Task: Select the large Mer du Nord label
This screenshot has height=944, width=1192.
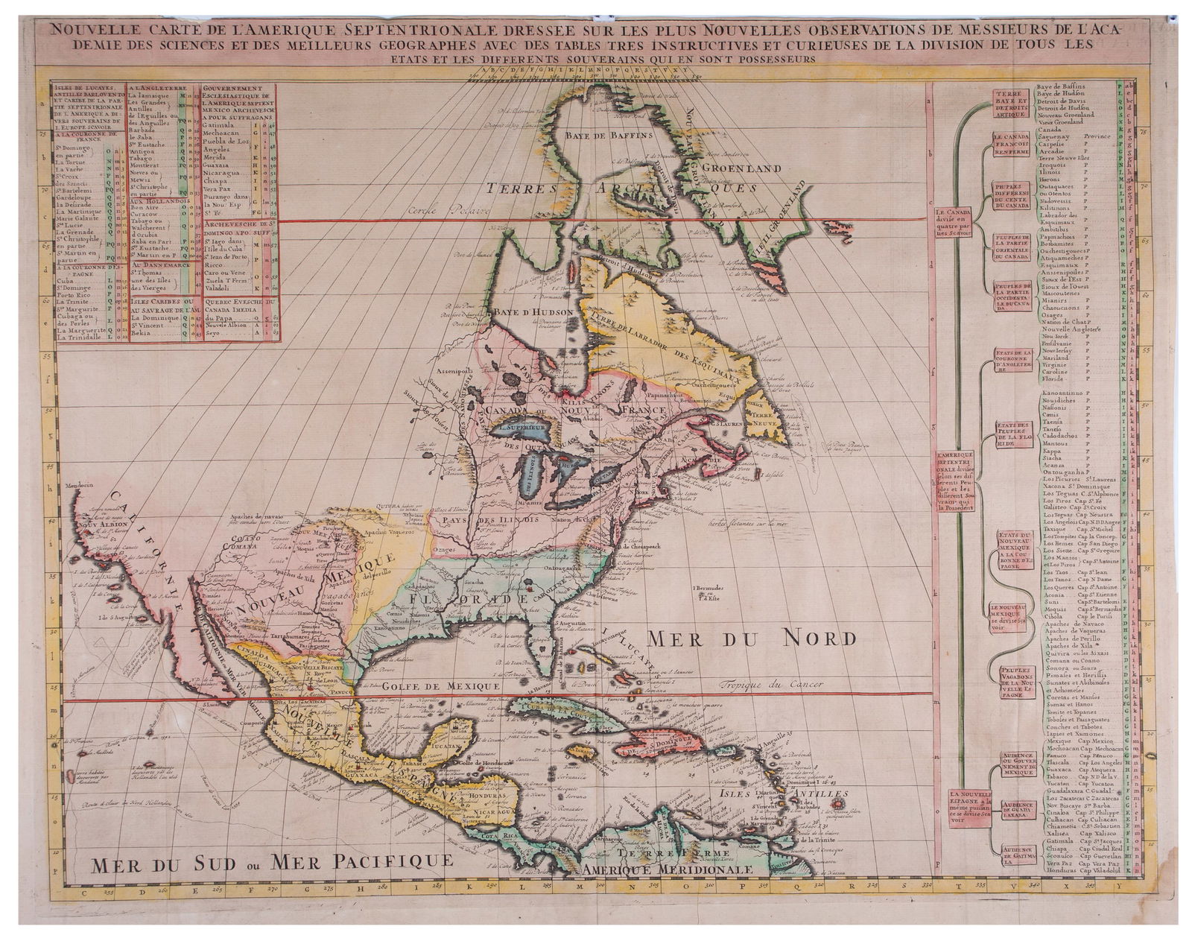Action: (x=750, y=639)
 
